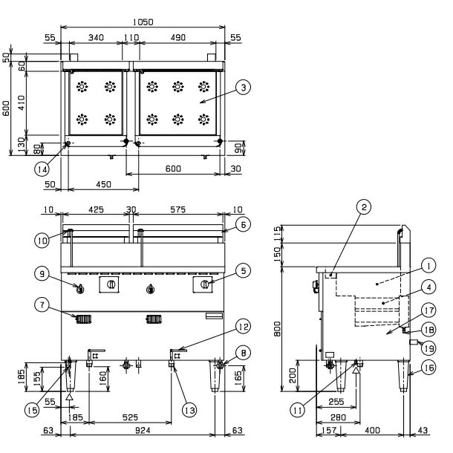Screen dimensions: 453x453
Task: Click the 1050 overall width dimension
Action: (143, 22)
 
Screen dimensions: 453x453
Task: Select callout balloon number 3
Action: (244, 87)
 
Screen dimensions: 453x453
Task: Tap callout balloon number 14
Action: (42, 169)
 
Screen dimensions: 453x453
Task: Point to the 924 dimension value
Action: (143, 430)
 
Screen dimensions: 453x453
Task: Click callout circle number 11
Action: (298, 410)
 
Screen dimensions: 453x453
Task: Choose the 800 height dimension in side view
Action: (277, 329)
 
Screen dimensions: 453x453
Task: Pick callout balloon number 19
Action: (428, 349)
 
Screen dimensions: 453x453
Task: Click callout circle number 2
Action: (364, 207)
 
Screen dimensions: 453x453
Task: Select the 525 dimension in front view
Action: (130, 417)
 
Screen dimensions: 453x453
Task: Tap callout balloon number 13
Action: (189, 410)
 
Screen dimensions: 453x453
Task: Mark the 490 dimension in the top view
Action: (178, 38)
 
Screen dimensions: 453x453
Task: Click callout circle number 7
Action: (42, 305)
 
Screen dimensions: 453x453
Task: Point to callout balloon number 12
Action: (244, 327)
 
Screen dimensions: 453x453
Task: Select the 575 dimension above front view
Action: (178, 209)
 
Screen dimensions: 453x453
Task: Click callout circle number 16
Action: (428, 368)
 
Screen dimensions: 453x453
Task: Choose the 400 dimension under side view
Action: (372, 430)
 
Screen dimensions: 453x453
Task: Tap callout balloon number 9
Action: (42, 273)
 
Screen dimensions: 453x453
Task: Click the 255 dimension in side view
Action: (336, 401)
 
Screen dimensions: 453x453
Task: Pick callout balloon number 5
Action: (244, 271)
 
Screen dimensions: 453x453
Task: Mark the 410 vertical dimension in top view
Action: (22, 102)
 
